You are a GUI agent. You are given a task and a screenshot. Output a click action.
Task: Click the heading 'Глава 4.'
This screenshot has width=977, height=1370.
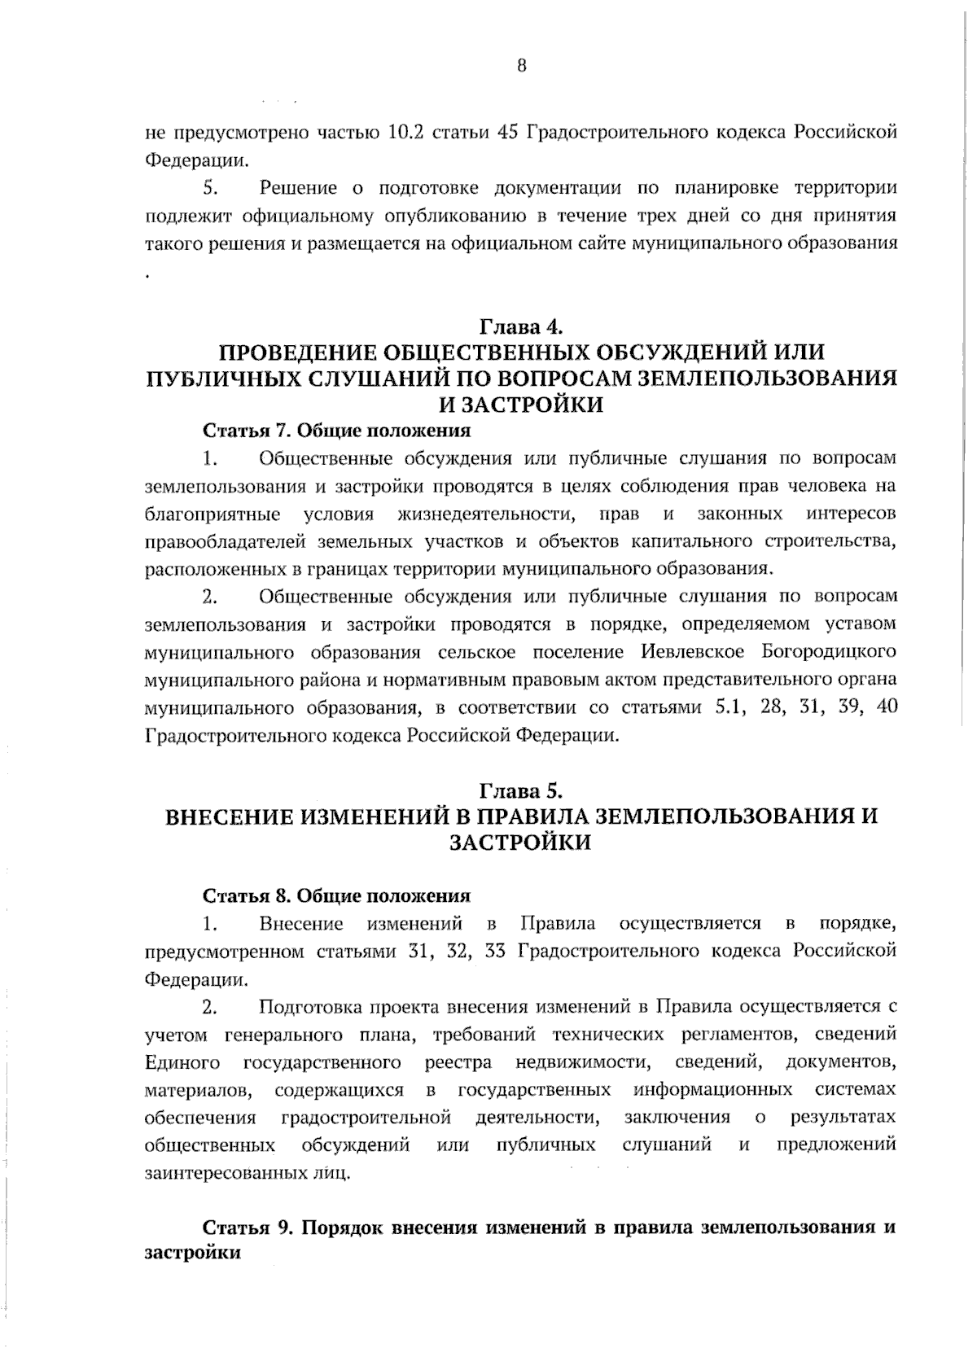pyautogui.click(x=521, y=327)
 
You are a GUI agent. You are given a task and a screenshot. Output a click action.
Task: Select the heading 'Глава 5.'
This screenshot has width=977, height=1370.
pyautogui.click(x=521, y=790)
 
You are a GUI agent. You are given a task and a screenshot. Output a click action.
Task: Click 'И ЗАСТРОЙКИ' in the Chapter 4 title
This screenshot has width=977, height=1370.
pyautogui.click(x=521, y=405)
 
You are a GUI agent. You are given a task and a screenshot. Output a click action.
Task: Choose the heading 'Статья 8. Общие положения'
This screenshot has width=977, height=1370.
pyautogui.click(x=336, y=896)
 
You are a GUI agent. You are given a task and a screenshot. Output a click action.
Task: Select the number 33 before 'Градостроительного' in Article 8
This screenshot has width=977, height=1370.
pyautogui.click(x=495, y=952)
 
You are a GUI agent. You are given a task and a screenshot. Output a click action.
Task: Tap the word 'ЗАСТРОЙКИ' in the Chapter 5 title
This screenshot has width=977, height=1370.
pyautogui.click(x=521, y=843)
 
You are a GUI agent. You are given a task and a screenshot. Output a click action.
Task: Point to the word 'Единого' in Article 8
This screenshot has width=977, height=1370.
pyautogui.click(x=182, y=1062)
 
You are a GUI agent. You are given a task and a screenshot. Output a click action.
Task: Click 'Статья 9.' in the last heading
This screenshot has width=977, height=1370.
pyautogui.click(x=247, y=1228)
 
